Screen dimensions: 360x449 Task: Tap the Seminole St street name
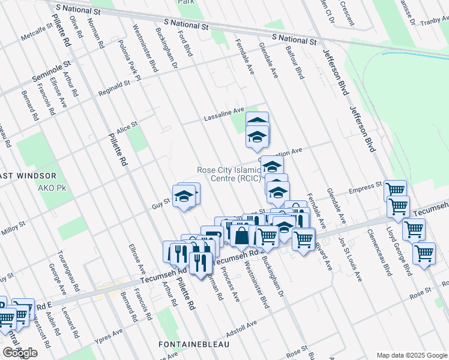[51, 70]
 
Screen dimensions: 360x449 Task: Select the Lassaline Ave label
[223, 111]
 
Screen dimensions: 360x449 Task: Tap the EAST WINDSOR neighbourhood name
[27, 176]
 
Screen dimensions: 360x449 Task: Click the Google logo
[20, 353]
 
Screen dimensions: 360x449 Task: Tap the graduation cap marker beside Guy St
[184, 196]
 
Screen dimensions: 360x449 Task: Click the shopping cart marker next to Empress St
[394, 190]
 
